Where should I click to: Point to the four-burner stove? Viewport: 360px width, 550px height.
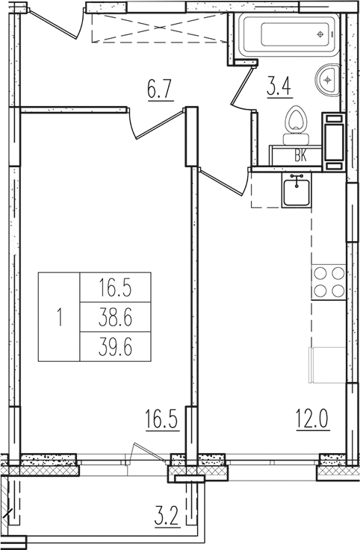328,282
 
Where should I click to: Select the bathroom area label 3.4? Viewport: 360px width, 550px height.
279,84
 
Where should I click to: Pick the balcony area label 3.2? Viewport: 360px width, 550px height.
167,515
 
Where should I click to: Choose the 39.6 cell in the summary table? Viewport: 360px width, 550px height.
115,346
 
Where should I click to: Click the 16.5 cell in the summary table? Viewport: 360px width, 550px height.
115,287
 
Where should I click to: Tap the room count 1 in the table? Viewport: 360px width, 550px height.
59,317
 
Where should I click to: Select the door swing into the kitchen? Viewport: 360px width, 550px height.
224,181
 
